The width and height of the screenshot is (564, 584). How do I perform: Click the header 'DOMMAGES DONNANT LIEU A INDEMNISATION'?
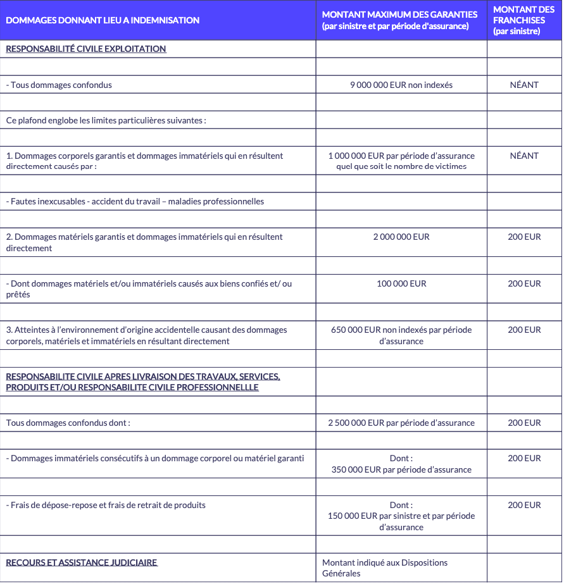pyautogui.click(x=103, y=20)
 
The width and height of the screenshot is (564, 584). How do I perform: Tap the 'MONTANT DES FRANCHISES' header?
pyautogui.click(x=523, y=20)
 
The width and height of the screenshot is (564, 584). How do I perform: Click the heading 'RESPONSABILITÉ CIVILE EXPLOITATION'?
pyautogui.click(x=86, y=49)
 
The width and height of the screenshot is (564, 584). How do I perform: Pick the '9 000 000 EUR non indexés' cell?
pyautogui.click(x=401, y=85)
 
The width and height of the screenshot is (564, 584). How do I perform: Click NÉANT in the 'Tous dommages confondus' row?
pyautogui.click(x=524, y=85)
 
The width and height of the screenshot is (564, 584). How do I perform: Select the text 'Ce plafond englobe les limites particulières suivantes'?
pyautogui.click(x=106, y=120)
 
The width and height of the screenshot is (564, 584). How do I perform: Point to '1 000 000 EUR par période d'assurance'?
pyautogui.click(x=401, y=156)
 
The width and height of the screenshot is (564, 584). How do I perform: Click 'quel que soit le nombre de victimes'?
pyautogui.click(x=401, y=166)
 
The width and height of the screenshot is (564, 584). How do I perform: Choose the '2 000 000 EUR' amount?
pyautogui.click(x=401, y=237)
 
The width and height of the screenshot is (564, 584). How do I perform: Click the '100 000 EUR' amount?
pyautogui.click(x=401, y=283)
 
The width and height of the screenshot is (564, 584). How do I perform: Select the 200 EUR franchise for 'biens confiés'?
pyautogui.click(x=524, y=283)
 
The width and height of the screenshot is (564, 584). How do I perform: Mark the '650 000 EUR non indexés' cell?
pyautogui.click(x=401, y=330)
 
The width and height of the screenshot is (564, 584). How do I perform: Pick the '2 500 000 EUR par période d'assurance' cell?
pyautogui.click(x=401, y=423)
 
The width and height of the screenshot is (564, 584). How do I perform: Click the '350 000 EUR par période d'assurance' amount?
pyautogui.click(x=401, y=469)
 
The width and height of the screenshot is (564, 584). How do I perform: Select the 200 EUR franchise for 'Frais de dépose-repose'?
pyautogui.click(x=524, y=505)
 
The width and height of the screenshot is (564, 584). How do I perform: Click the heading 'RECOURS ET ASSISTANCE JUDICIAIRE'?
pyautogui.click(x=82, y=562)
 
